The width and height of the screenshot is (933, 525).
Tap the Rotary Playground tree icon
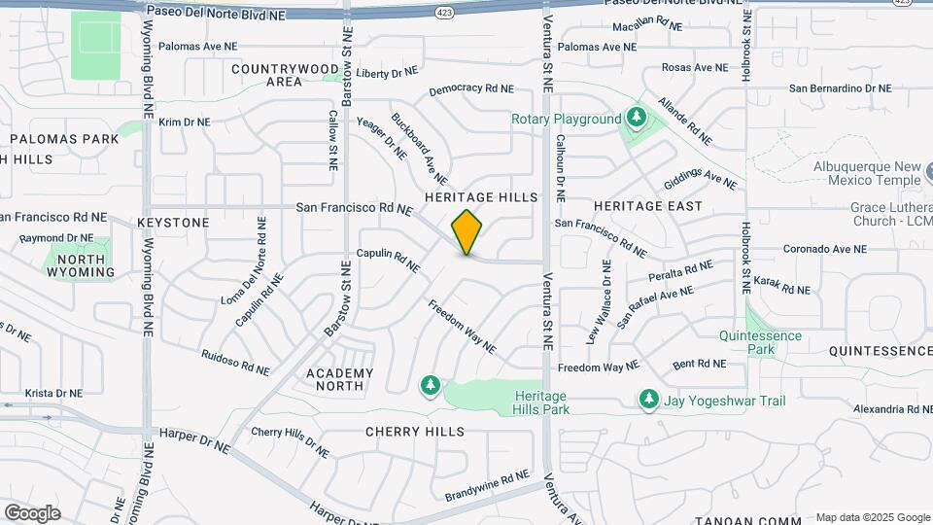click(637, 119)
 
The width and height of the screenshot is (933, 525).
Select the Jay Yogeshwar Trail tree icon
click(648, 400)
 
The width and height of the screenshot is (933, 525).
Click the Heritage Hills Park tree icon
click(430, 387)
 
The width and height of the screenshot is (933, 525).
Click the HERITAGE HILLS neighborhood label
click(480, 197)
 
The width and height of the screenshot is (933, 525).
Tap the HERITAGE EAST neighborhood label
click(647, 206)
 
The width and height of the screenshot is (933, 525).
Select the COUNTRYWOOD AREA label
click(285, 75)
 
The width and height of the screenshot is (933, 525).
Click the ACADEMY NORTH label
click(339, 379)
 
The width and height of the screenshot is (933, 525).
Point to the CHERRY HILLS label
click(415, 432)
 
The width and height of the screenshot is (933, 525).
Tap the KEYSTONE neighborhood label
click(173, 223)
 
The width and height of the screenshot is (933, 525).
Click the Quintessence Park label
click(761, 342)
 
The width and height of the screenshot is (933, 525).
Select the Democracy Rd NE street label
click(470, 89)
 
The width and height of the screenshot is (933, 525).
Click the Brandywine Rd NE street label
click(487, 485)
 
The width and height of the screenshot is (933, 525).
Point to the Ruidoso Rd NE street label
click(235, 362)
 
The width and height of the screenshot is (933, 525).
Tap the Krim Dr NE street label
click(185, 122)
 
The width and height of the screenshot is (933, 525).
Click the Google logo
click(32, 513)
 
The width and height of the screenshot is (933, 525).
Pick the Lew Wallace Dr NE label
click(600, 301)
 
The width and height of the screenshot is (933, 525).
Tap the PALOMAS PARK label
click(64, 139)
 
